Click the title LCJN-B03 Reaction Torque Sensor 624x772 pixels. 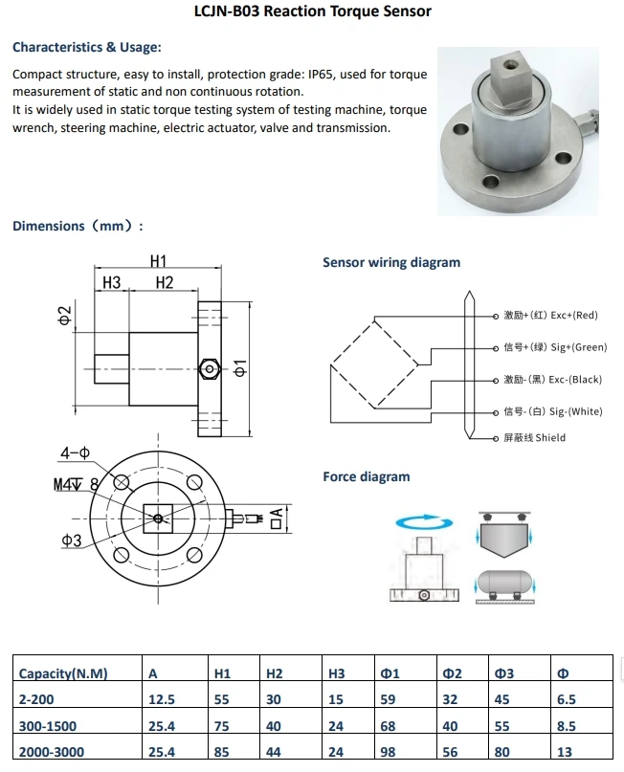(312, 11)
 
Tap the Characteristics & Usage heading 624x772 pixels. (87, 47)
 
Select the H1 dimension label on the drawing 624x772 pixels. (158, 260)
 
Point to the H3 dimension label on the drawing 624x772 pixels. (111, 282)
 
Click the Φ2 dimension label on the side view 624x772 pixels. (65, 316)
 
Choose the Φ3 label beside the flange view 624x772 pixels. (71, 540)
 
